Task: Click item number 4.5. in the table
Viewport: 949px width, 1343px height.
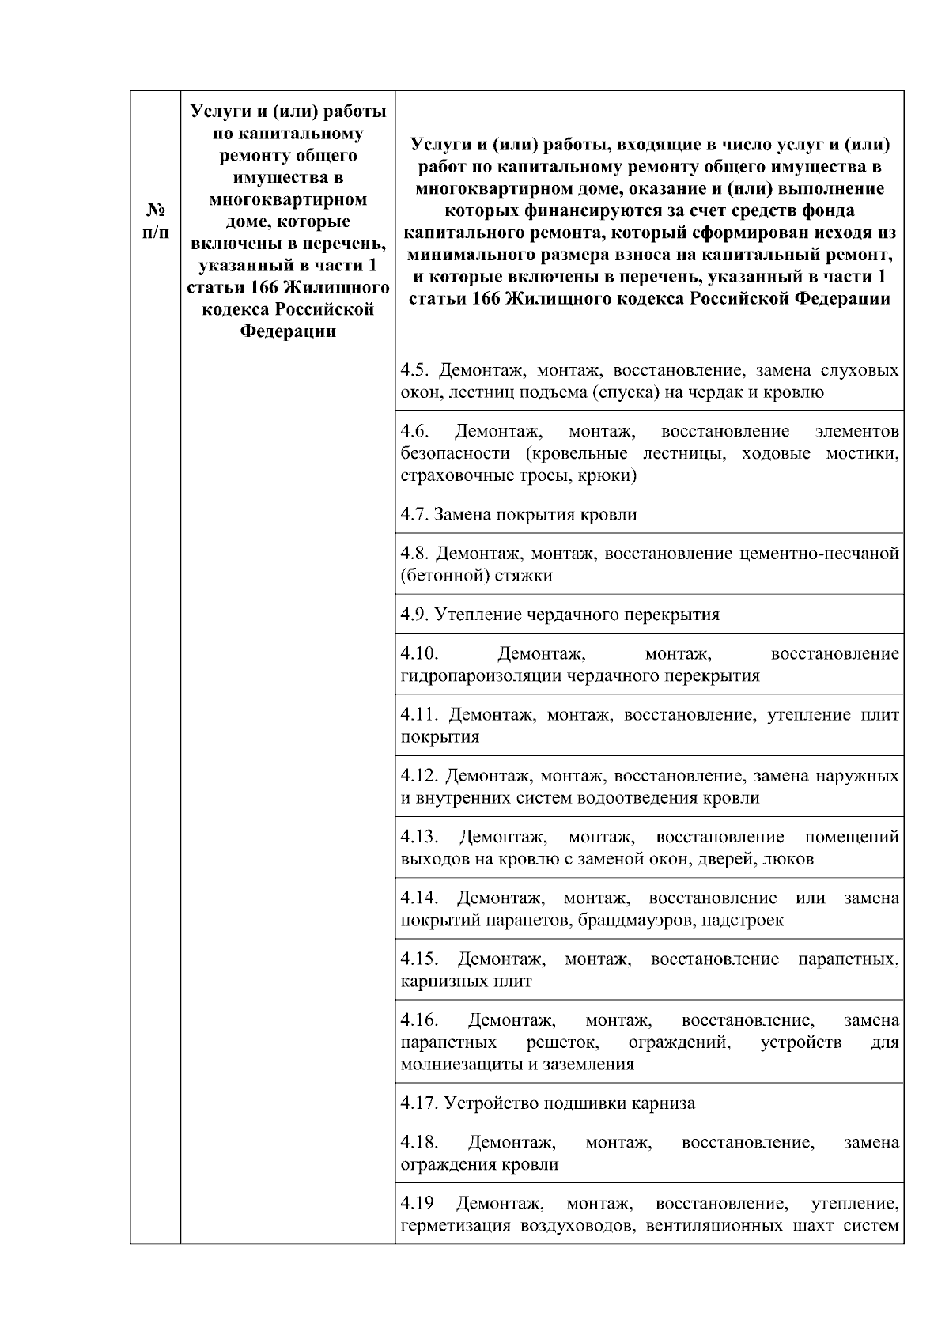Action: click(x=416, y=370)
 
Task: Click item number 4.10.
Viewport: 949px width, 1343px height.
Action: click(x=419, y=653)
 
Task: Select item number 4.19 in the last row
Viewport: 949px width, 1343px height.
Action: click(x=417, y=1203)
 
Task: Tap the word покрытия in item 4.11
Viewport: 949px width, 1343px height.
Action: click(x=440, y=736)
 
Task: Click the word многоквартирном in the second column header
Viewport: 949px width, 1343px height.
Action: click(x=288, y=199)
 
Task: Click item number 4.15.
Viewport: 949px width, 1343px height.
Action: click(x=419, y=959)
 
